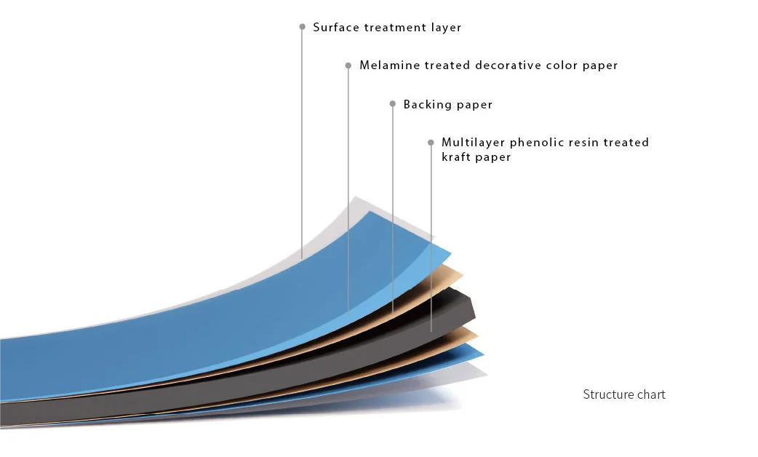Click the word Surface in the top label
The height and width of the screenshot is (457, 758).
(x=335, y=28)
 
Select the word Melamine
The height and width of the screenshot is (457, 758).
(x=389, y=65)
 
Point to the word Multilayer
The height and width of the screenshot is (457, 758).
(x=473, y=143)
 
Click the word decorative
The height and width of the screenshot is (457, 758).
(x=508, y=65)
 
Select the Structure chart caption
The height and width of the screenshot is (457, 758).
(x=624, y=394)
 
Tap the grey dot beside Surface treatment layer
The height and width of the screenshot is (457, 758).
(x=302, y=27)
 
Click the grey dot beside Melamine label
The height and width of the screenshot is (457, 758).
(x=348, y=65)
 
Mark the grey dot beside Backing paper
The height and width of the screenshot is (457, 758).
(x=393, y=104)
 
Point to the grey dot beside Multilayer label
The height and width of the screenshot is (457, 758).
(x=431, y=143)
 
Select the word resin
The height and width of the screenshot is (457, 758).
(x=586, y=143)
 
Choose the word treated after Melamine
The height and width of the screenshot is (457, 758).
(x=447, y=65)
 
